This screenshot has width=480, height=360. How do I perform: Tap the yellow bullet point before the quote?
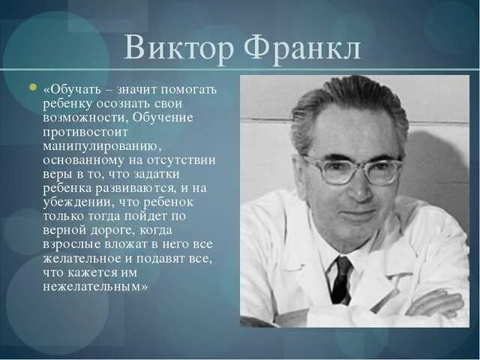point(32,88)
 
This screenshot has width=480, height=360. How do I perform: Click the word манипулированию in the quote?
point(94,145)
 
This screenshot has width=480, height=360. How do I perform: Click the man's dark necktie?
point(341,279)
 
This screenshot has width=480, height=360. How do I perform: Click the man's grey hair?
point(337,105)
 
